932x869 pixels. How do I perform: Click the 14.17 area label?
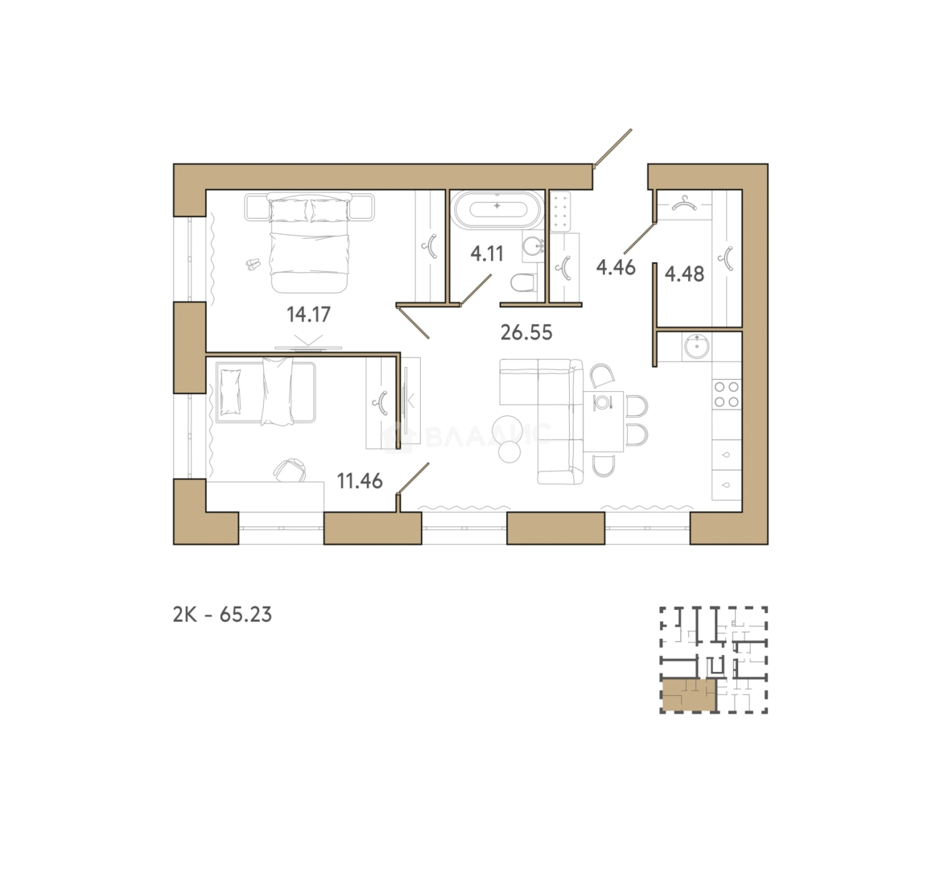pos(308,314)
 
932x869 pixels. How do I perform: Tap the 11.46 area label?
pos(360,480)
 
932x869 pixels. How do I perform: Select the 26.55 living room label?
pos(526,332)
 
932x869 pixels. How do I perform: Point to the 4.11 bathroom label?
pos(487,253)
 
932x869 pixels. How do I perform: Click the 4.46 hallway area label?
pos(616,267)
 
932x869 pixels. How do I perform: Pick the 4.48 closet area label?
pos(685,274)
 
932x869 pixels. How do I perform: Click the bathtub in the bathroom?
pos(497,210)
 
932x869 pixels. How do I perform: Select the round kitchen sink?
pos(696,346)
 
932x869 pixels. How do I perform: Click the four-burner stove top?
pos(727,394)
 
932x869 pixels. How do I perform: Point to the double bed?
pos(309,241)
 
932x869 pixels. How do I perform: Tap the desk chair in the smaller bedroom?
pos(290,469)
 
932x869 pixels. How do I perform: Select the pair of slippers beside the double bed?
pos(254,263)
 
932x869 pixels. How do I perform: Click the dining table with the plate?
pos(603,421)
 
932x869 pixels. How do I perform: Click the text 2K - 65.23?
pos(222,614)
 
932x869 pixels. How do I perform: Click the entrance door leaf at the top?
pos(612,146)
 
